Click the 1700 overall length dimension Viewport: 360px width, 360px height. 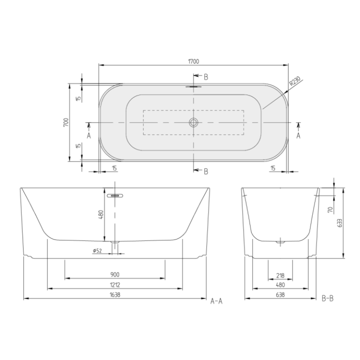[194, 61]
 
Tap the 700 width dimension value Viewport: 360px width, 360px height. [65, 122]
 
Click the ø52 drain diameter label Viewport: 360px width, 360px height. [97, 250]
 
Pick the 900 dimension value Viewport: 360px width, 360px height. [115, 274]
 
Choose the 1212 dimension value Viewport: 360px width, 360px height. [115, 285]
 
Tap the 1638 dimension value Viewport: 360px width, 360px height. [115, 295]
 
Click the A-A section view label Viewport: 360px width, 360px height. [216, 300]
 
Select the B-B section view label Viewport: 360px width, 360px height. [327, 299]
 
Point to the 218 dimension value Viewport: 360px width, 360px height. [280, 274]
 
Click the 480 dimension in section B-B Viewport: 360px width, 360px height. [280, 285]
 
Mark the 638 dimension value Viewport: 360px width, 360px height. [280, 295]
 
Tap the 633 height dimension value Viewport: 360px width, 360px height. [340, 222]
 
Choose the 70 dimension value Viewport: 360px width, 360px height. [330, 210]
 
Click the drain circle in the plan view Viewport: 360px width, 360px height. [193, 122]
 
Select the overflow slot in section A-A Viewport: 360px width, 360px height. [114, 195]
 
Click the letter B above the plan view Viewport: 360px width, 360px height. [205, 76]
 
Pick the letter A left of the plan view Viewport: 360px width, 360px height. [88, 135]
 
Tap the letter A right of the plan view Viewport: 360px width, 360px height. [298, 135]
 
